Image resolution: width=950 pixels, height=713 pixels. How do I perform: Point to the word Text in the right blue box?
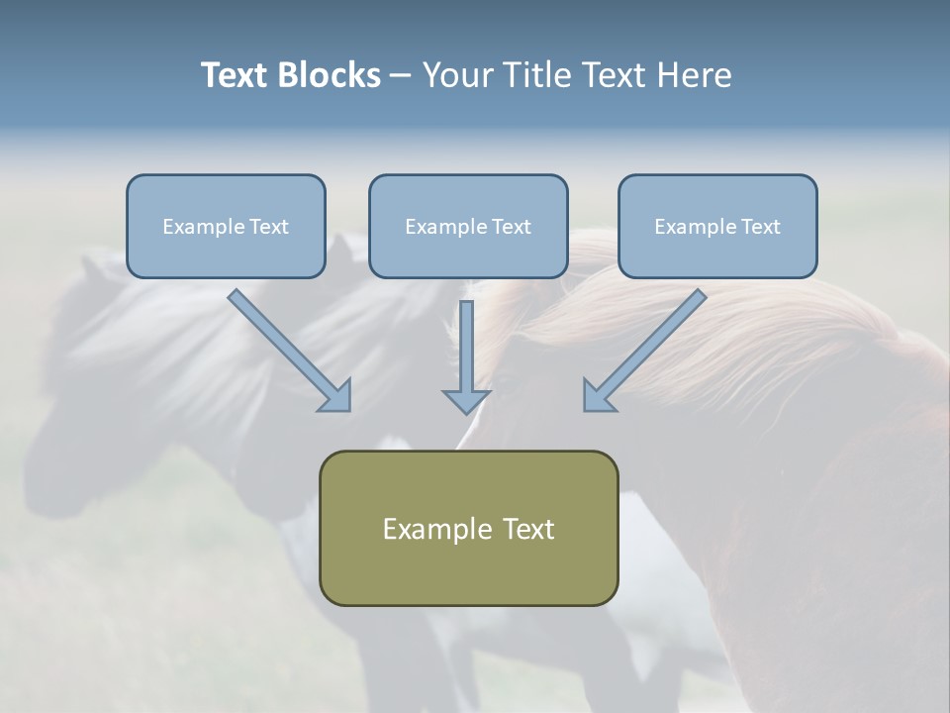point(761,227)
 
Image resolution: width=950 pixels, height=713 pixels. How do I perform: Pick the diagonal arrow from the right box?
point(649,346)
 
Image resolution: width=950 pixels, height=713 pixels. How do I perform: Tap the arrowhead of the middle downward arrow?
point(466,401)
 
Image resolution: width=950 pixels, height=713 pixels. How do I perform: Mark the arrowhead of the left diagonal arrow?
point(336,396)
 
